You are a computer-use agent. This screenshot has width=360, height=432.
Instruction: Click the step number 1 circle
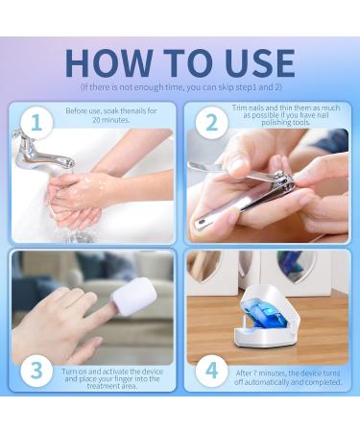(x=36, y=122)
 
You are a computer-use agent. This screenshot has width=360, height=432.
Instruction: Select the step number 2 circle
(x=211, y=123)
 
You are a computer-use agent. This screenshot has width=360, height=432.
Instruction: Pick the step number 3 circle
(x=36, y=371)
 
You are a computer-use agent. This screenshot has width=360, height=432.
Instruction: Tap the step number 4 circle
(x=211, y=371)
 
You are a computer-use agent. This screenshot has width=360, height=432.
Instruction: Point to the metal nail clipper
(x=243, y=195)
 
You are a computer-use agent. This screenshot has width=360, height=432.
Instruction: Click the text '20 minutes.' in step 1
(x=111, y=120)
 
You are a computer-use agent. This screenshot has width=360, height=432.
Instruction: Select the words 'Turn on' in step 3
(x=74, y=372)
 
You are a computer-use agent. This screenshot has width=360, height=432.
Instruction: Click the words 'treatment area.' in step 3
(x=112, y=386)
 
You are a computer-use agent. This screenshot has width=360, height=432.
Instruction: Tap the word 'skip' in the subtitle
(x=226, y=87)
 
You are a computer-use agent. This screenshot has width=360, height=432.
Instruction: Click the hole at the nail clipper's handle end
(x=202, y=221)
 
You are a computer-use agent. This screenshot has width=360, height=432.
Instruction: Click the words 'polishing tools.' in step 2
(x=286, y=123)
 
